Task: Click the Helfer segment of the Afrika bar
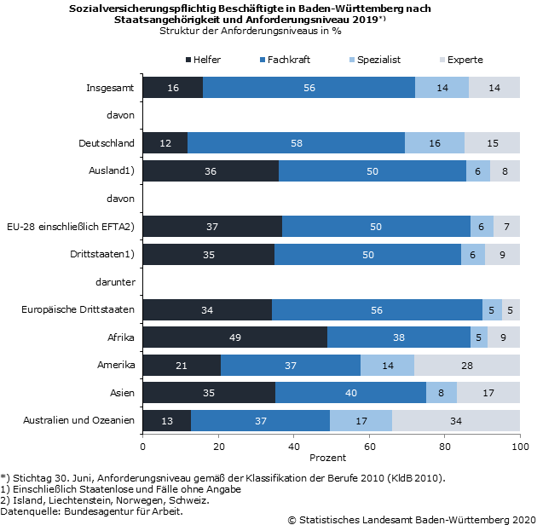coord(234,337)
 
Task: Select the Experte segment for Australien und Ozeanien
coord(456,420)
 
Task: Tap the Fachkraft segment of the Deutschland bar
coord(296,142)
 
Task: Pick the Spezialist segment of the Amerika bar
coord(387,365)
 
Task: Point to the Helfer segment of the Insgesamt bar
coord(172,87)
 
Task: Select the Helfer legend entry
coord(202,60)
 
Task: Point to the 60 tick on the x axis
coord(369,446)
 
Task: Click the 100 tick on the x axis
coord(520,446)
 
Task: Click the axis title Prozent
coord(328,458)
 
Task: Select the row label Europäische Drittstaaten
coord(78,309)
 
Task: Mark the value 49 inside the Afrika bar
coord(234,337)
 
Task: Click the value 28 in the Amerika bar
coord(467,365)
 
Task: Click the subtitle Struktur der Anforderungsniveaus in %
coord(250,32)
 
